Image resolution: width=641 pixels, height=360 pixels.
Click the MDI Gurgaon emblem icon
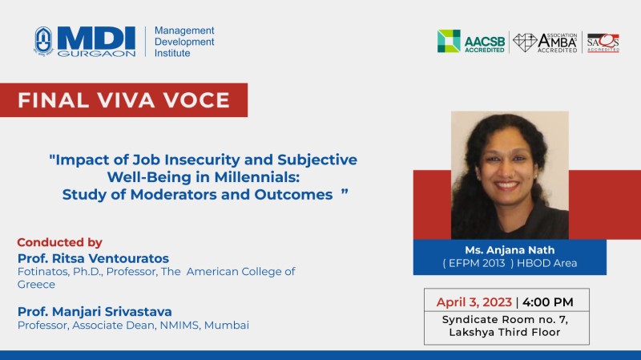point(43,41)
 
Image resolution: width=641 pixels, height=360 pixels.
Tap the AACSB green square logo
point(449,41)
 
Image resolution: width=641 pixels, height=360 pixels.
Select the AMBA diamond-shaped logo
point(525,42)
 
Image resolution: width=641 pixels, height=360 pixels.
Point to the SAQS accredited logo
point(603,43)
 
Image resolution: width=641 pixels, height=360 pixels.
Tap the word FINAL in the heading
point(53,100)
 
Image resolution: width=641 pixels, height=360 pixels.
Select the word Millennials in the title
point(256,177)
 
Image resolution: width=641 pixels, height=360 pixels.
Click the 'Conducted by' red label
point(59,243)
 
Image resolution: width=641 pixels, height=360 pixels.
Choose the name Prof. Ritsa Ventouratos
point(93,258)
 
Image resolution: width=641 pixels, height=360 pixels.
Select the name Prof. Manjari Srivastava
point(95,312)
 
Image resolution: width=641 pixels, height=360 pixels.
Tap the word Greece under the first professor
point(36,285)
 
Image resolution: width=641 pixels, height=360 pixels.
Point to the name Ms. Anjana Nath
point(510,250)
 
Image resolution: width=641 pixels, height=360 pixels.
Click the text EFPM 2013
point(477,263)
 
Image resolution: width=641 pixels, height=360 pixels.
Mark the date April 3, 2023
point(474,302)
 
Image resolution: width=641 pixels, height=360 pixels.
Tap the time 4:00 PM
point(548,302)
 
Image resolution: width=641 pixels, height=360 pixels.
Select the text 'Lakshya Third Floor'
point(505,332)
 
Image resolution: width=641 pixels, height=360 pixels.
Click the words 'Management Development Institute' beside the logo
point(184,42)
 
